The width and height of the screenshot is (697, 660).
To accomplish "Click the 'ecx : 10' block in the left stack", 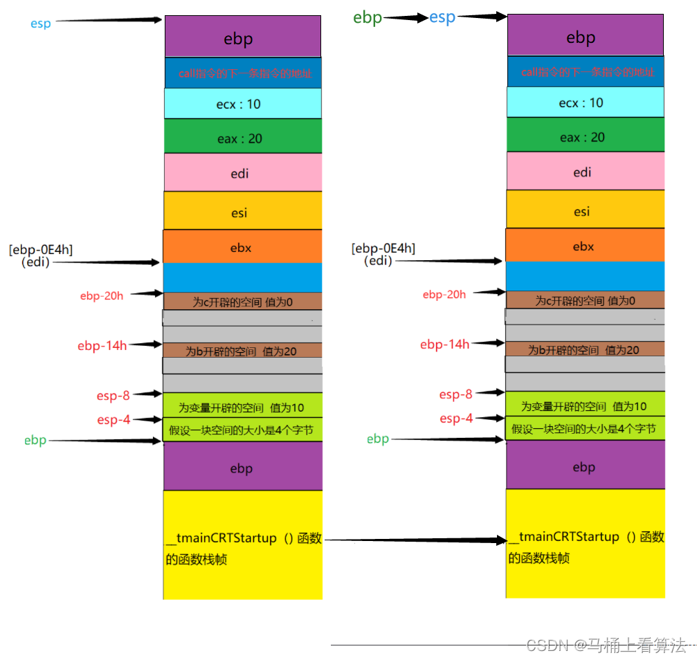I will (x=242, y=104).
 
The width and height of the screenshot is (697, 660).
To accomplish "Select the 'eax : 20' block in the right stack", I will (x=586, y=136).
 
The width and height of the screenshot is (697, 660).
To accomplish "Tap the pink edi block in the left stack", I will (x=242, y=172).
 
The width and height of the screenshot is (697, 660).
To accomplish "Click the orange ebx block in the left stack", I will (x=242, y=246).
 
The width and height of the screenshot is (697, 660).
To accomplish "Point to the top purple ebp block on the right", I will (x=586, y=38).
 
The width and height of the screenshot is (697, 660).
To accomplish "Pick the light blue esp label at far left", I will (x=41, y=23).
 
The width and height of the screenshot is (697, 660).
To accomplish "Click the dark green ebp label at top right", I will (x=368, y=17).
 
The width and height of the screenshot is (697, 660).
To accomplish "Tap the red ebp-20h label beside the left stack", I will (x=102, y=296).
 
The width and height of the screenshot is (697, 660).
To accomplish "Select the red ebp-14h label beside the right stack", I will (x=444, y=344).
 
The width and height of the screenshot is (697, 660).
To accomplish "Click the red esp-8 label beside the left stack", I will (x=113, y=396).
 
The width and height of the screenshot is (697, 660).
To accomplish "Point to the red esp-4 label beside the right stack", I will (x=456, y=418).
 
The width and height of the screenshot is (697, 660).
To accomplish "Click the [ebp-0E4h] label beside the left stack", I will (x=39, y=248).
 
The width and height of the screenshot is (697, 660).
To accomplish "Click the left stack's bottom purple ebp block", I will (x=242, y=468).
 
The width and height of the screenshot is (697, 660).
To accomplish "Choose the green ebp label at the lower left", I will (x=35, y=441).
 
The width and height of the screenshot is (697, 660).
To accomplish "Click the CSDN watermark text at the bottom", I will (x=606, y=645).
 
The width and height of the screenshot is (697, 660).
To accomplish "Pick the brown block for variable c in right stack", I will (x=586, y=300).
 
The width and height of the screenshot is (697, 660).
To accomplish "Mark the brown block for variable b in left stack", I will (x=242, y=351).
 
